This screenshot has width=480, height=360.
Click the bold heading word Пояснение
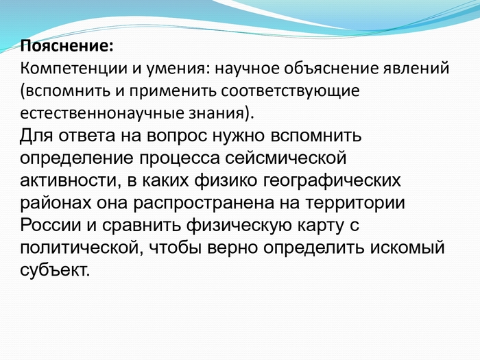[65, 46]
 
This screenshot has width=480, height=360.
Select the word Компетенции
[73, 69]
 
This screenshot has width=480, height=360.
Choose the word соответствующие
[290, 91]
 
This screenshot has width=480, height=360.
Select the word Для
[37, 136]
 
